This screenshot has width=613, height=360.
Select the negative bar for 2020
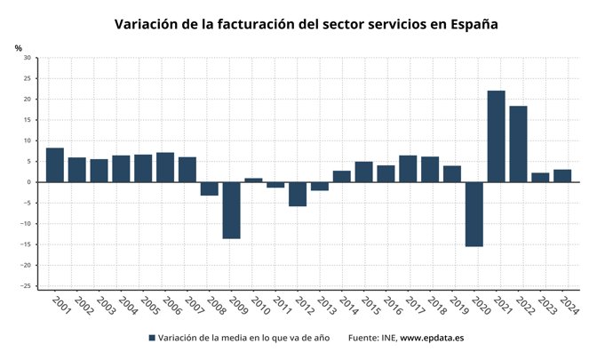click(x=474, y=214)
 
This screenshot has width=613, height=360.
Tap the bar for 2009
click(x=231, y=210)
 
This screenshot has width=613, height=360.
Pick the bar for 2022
click(x=518, y=144)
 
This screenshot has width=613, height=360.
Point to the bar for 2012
click(x=298, y=194)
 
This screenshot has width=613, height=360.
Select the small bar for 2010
click(x=253, y=180)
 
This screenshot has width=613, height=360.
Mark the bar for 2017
click(x=408, y=169)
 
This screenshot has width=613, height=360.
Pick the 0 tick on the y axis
click(x=28, y=182)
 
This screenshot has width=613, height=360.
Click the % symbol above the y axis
click(x=18, y=48)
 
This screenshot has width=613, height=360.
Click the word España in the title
click(x=468, y=24)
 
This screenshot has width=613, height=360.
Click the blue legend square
click(x=151, y=338)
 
